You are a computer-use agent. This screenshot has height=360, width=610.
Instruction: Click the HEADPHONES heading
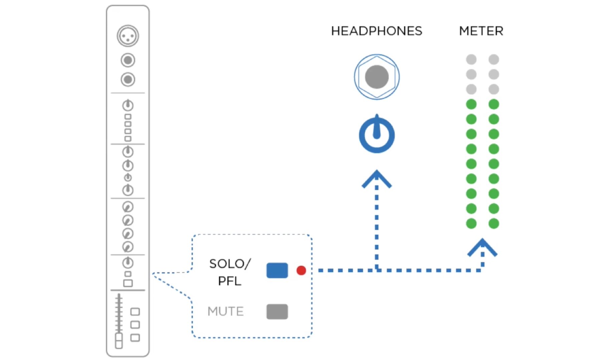[x=376, y=31]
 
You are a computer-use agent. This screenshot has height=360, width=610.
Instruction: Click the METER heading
[x=481, y=31]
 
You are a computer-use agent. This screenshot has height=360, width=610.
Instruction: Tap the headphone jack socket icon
[x=377, y=77]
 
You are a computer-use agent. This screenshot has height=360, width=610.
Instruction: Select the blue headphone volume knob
[x=377, y=135]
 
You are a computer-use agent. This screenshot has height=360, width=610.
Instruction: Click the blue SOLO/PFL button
[x=277, y=270]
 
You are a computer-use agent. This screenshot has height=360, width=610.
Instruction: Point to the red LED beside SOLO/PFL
[x=301, y=270]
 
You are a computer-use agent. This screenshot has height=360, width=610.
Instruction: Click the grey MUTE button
[x=277, y=312]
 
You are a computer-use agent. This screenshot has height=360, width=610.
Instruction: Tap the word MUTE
[x=225, y=312]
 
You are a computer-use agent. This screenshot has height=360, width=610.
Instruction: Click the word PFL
[x=229, y=281]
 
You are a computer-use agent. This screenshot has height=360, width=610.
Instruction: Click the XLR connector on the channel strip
[x=128, y=36]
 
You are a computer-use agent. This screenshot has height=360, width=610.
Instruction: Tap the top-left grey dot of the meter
[x=471, y=59]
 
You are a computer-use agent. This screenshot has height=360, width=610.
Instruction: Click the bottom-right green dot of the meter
[x=493, y=223]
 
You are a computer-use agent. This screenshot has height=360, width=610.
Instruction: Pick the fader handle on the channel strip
[x=119, y=340]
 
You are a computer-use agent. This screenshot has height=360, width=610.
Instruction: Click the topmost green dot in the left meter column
[x=471, y=104]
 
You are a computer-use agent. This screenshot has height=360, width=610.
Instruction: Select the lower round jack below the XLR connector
[x=128, y=79]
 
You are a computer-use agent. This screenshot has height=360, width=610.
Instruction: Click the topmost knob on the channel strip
[x=128, y=106]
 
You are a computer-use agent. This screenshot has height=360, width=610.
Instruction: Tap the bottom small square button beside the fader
[x=135, y=338]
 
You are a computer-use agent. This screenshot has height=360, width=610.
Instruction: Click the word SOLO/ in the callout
[x=229, y=264]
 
